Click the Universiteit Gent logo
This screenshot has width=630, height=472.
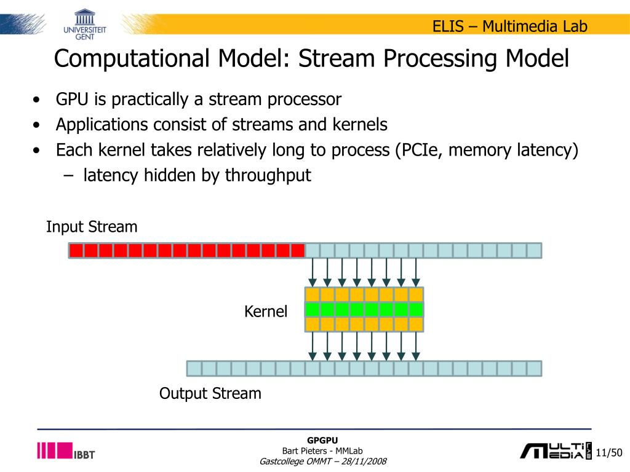84,24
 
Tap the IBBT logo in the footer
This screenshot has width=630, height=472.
66,451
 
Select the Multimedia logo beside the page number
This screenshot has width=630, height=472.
554,451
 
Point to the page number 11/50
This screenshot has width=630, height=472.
609,453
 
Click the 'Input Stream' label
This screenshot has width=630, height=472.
92,227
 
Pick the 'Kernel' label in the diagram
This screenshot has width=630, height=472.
266,312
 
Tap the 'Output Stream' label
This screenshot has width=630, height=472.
210,393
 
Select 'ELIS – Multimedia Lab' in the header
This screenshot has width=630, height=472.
509,26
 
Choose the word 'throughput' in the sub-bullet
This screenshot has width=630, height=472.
268,175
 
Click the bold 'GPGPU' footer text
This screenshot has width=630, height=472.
323,440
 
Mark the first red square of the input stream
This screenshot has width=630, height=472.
76,250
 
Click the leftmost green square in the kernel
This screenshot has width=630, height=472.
313,309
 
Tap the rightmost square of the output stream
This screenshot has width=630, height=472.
534,368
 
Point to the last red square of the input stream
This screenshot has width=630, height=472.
298,250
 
